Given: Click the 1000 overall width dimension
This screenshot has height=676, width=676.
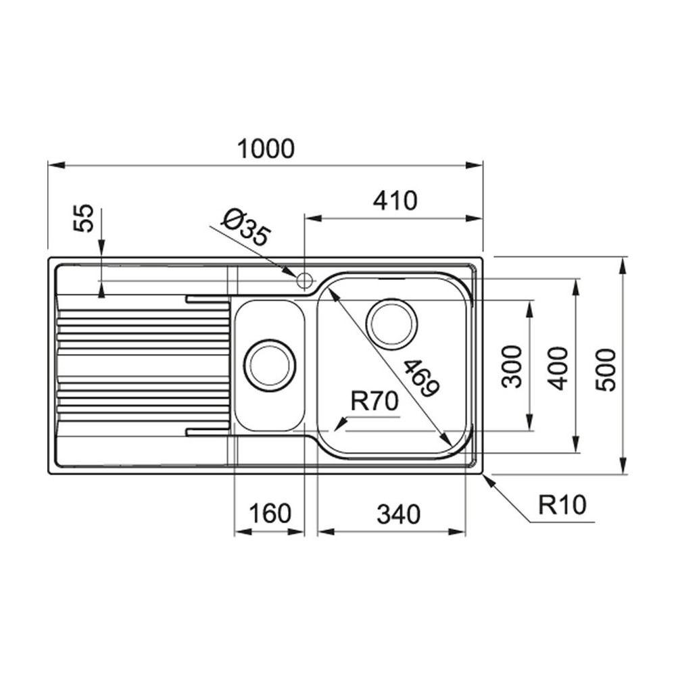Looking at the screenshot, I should (x=266, y=149).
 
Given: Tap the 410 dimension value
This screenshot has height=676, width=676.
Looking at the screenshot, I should (x=395, y=201).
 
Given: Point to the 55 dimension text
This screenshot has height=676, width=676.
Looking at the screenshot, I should (x=84, y=220).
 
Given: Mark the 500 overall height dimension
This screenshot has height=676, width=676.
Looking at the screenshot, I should (x=606, y=369).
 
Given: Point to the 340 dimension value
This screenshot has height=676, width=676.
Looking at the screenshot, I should (x=398, y=515).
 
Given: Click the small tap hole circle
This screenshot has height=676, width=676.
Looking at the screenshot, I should (x=304, y=279).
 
